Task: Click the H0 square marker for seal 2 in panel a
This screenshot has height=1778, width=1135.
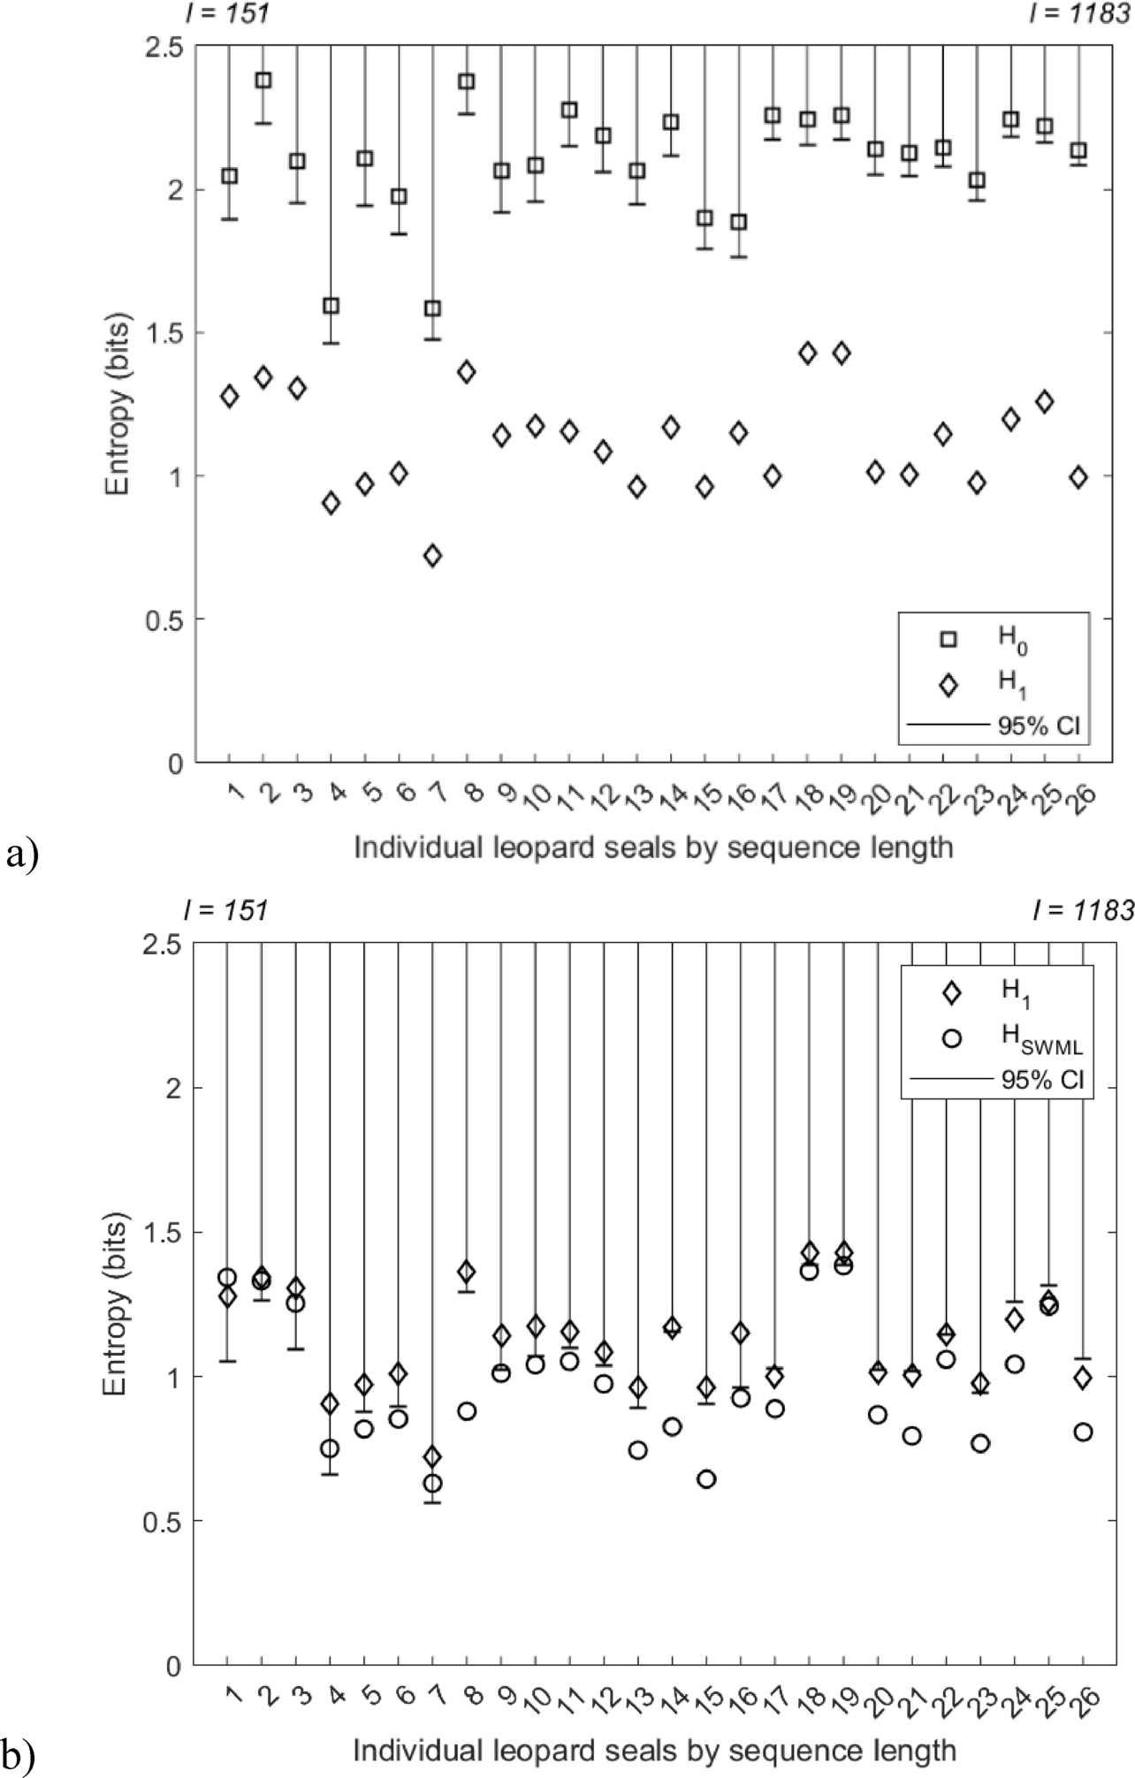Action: coord(263,80)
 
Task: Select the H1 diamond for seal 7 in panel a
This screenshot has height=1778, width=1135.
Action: coord(433,556)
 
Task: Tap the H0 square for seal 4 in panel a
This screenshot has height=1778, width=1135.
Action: coord(331,307)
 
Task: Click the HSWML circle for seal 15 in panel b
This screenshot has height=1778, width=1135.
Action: coord(706,1479)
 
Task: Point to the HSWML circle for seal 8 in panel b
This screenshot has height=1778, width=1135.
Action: coord(467,1411)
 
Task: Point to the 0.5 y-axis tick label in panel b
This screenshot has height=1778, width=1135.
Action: coord(160,1522)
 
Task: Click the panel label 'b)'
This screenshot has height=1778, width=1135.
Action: coord(19,1759)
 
